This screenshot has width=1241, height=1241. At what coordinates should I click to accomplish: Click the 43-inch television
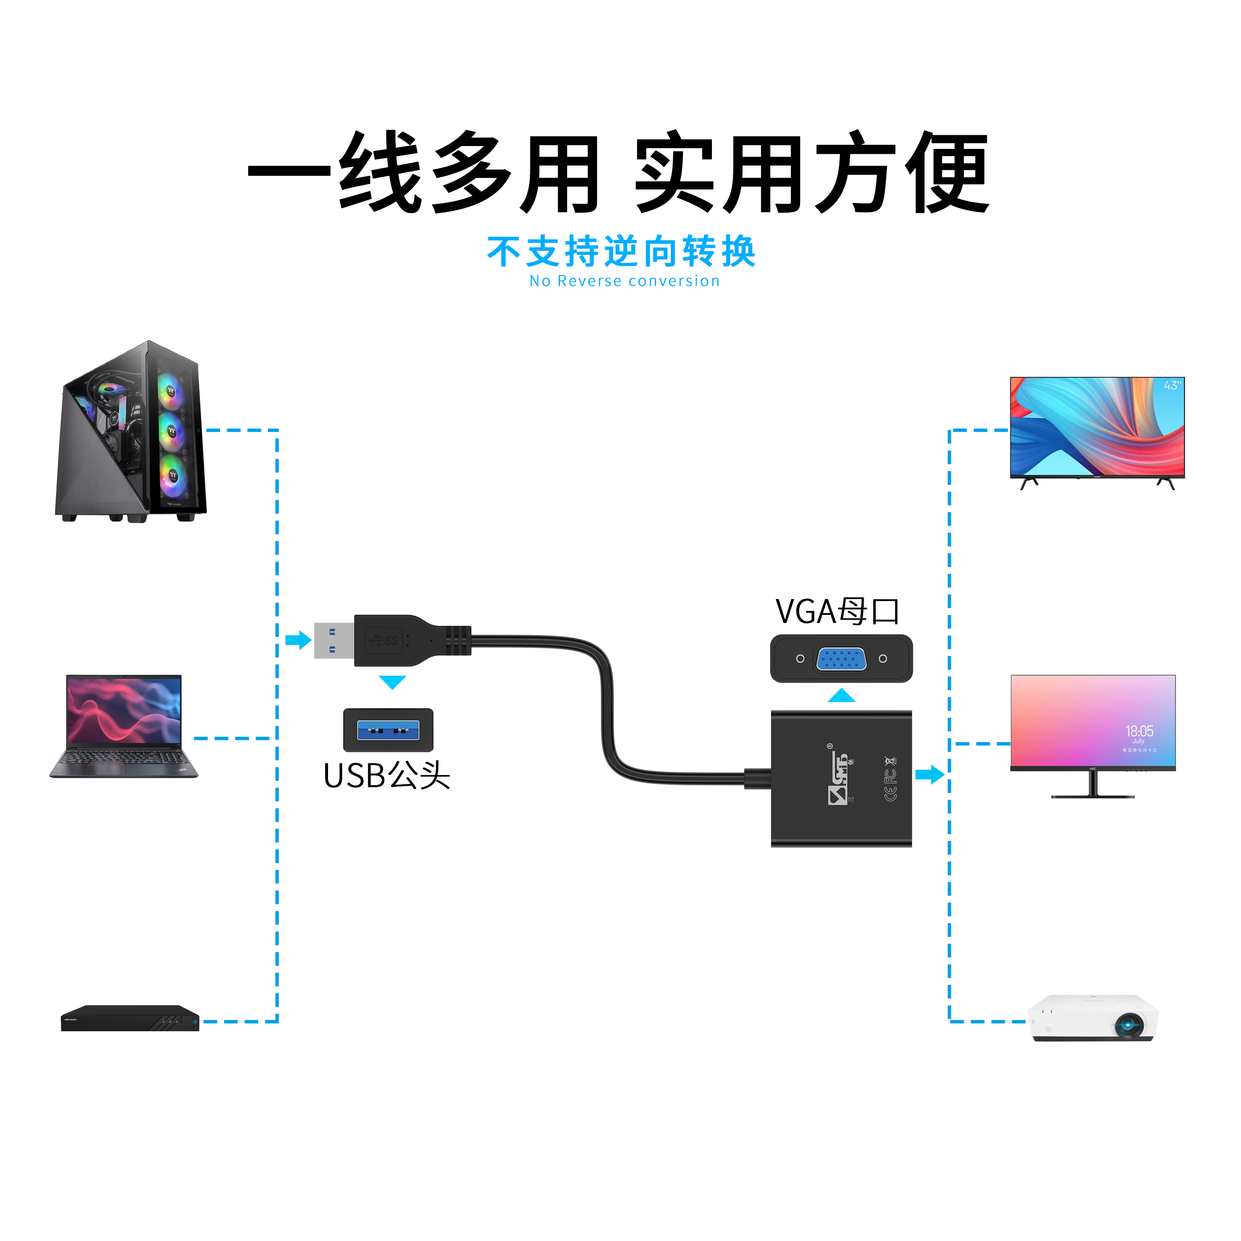coord(1097,429)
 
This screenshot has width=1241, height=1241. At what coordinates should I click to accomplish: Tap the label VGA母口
coord(837,611)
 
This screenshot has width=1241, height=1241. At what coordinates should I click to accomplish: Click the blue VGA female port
coord(841,659)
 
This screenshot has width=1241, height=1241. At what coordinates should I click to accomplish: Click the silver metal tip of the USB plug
coord(333,640)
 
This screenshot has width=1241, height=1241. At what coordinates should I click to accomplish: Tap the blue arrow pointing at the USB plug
coord(298,640)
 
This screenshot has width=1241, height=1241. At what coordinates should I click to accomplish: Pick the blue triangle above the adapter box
coord(841,696)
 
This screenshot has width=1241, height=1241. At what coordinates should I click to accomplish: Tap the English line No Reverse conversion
coord(624,281)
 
